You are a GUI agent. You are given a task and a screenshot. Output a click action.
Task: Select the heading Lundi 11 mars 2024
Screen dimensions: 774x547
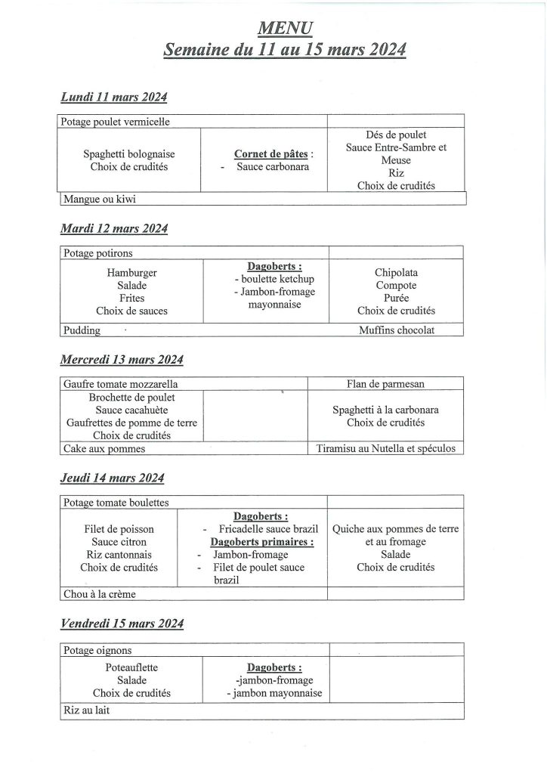point(113,98)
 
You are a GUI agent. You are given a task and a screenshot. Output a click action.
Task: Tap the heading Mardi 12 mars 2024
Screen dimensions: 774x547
point(113,228)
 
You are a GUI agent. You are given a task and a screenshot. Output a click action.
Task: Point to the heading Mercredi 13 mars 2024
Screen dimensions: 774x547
point(121,359)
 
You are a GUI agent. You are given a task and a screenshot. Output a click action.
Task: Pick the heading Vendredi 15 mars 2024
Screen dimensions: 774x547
point(121,624)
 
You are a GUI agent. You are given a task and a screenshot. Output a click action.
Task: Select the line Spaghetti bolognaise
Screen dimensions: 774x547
point(125,153)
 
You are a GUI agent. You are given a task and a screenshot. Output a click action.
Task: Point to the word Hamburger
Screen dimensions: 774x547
point(132,273)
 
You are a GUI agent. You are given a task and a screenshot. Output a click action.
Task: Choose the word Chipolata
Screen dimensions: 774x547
point(396,272)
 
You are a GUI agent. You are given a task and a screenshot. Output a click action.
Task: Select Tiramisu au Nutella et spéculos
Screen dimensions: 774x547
point(386,448)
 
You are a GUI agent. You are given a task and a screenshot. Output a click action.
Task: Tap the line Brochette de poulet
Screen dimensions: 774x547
point(132,397)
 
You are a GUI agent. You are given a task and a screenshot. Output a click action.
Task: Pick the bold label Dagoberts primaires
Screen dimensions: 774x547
point(261,541)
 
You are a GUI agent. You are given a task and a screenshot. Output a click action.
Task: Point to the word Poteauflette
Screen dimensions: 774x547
point(132,668)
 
